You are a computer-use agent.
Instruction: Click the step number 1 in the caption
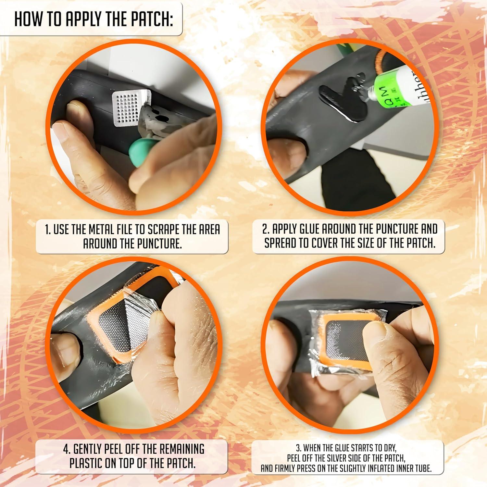(x=47, y=230)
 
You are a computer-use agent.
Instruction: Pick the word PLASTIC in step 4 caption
(x=86, y=463)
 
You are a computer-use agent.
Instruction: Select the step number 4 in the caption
(x=66, y=449)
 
